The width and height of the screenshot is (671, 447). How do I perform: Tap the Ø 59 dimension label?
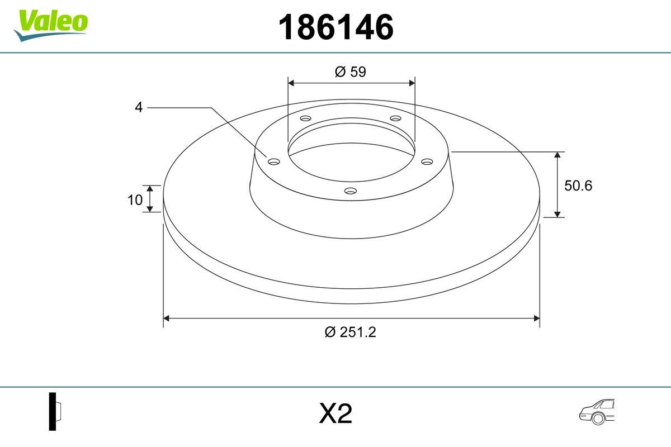tap(351, 72)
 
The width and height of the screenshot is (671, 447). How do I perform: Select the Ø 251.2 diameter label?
tap(351, 332)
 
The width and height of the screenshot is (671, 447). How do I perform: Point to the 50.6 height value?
tap(578, 186)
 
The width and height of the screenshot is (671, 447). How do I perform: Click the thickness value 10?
tap(135, 199)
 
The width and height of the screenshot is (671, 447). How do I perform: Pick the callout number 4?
tap(139, 107)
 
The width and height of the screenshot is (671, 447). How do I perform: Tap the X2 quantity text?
tap(335, 414)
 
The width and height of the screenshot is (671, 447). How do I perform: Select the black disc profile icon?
tap(53, 411)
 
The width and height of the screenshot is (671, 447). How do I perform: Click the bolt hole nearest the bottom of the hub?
tap(351, 191)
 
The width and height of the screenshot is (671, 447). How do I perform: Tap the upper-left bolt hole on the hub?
tap(305, 118)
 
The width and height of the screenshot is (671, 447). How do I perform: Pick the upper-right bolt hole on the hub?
tap(396, 118)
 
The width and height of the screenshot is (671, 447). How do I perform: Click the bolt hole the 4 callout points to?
tap(273, 161)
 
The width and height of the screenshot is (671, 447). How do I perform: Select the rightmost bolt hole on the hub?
tap(427, 161)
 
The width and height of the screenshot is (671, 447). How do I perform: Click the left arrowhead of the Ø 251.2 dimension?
tap(166, 318)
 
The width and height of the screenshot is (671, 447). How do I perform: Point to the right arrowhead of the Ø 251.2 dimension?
tap(536, 318)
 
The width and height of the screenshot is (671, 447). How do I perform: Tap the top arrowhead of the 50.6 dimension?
tap(557, 155)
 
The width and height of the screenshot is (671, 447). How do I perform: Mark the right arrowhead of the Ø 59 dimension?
tap(412, 83)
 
